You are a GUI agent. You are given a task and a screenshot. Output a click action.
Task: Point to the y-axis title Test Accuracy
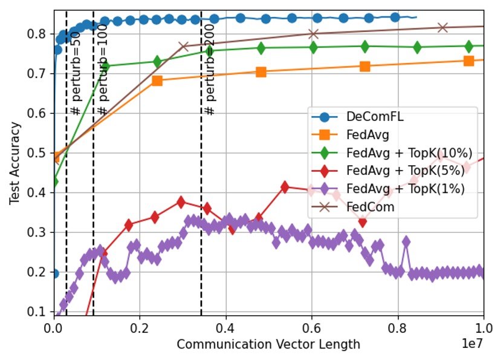pyautogui.click(x=15, y=163)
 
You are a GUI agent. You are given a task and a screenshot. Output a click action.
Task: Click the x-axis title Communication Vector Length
pyautogui.click(x=268, y=345)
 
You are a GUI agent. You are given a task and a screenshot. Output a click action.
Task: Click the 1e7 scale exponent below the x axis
pyautogui.click(x=473, y=345)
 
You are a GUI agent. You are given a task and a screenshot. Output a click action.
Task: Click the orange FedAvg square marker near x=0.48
pyautogui.click(x=261, y=71)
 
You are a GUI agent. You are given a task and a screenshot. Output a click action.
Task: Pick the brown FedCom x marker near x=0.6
pyautogui.click(x=313, y=34)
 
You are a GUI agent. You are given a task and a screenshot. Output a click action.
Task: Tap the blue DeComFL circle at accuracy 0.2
pyautogui.click(x=54, y=273)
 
